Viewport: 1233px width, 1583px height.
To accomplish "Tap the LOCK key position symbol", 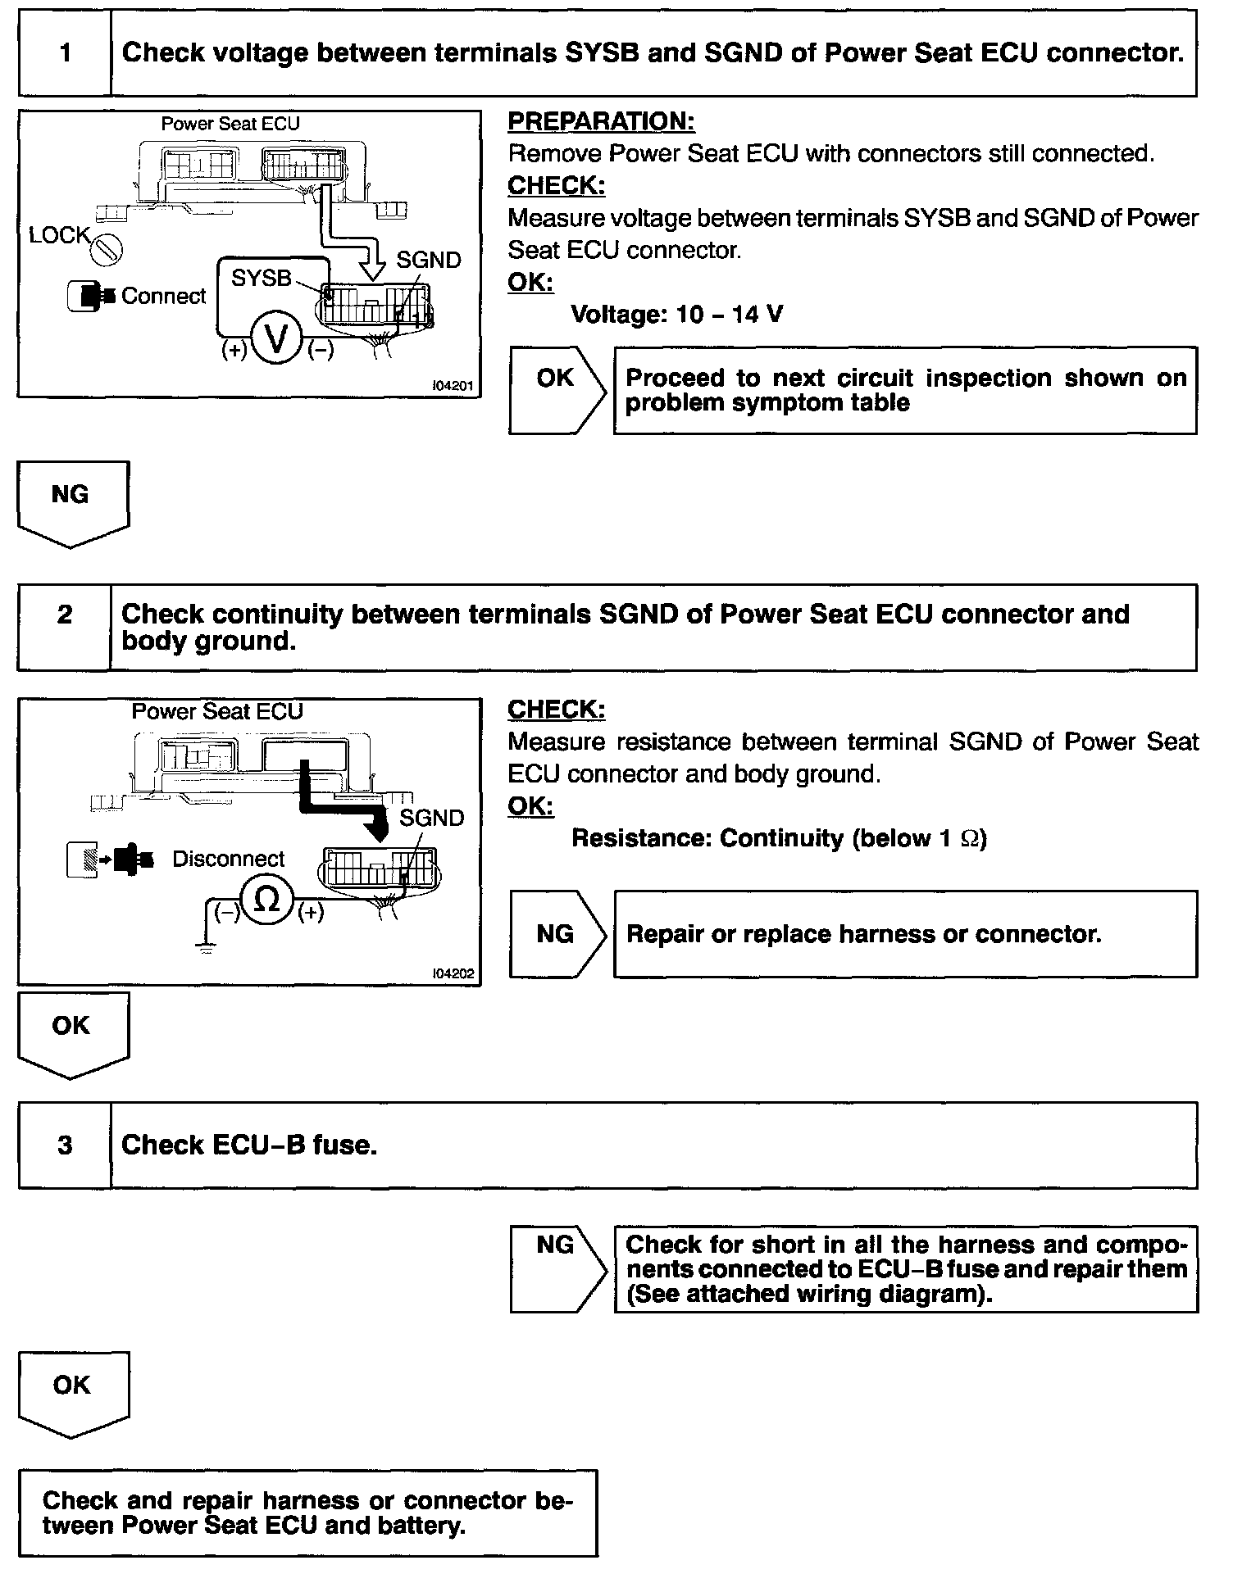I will [x=107, y=249].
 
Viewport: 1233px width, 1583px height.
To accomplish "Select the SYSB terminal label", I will [x=261, y=279].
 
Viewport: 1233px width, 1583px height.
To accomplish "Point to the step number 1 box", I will [x=65, y=53].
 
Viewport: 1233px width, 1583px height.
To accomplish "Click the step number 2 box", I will [x=65, y=615].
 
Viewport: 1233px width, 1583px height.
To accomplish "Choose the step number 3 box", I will [x=65, y=1145].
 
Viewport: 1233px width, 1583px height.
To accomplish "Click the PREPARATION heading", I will [x=601, y=121].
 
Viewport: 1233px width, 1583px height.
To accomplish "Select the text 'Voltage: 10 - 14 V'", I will [x=676, y=314].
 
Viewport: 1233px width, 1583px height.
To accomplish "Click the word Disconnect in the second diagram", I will [x=228, y=859].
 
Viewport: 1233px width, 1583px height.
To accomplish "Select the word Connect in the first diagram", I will [x=163, y=296].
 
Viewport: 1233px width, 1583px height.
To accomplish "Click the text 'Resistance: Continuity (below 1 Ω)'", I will [x=779, y=838].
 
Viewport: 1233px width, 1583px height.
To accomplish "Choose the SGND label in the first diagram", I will [x=428, y=261].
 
